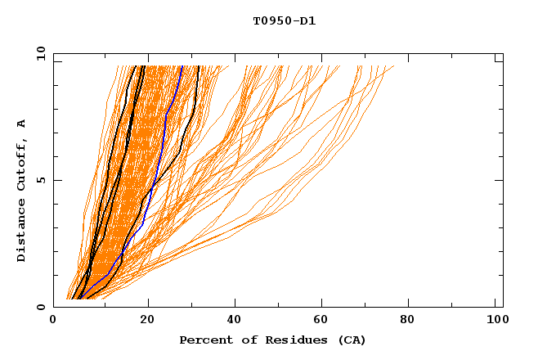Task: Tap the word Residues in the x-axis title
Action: tap(279, 340)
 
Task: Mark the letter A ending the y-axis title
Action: tap(22, 123)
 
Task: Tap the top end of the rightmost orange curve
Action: tap(393, 66)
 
